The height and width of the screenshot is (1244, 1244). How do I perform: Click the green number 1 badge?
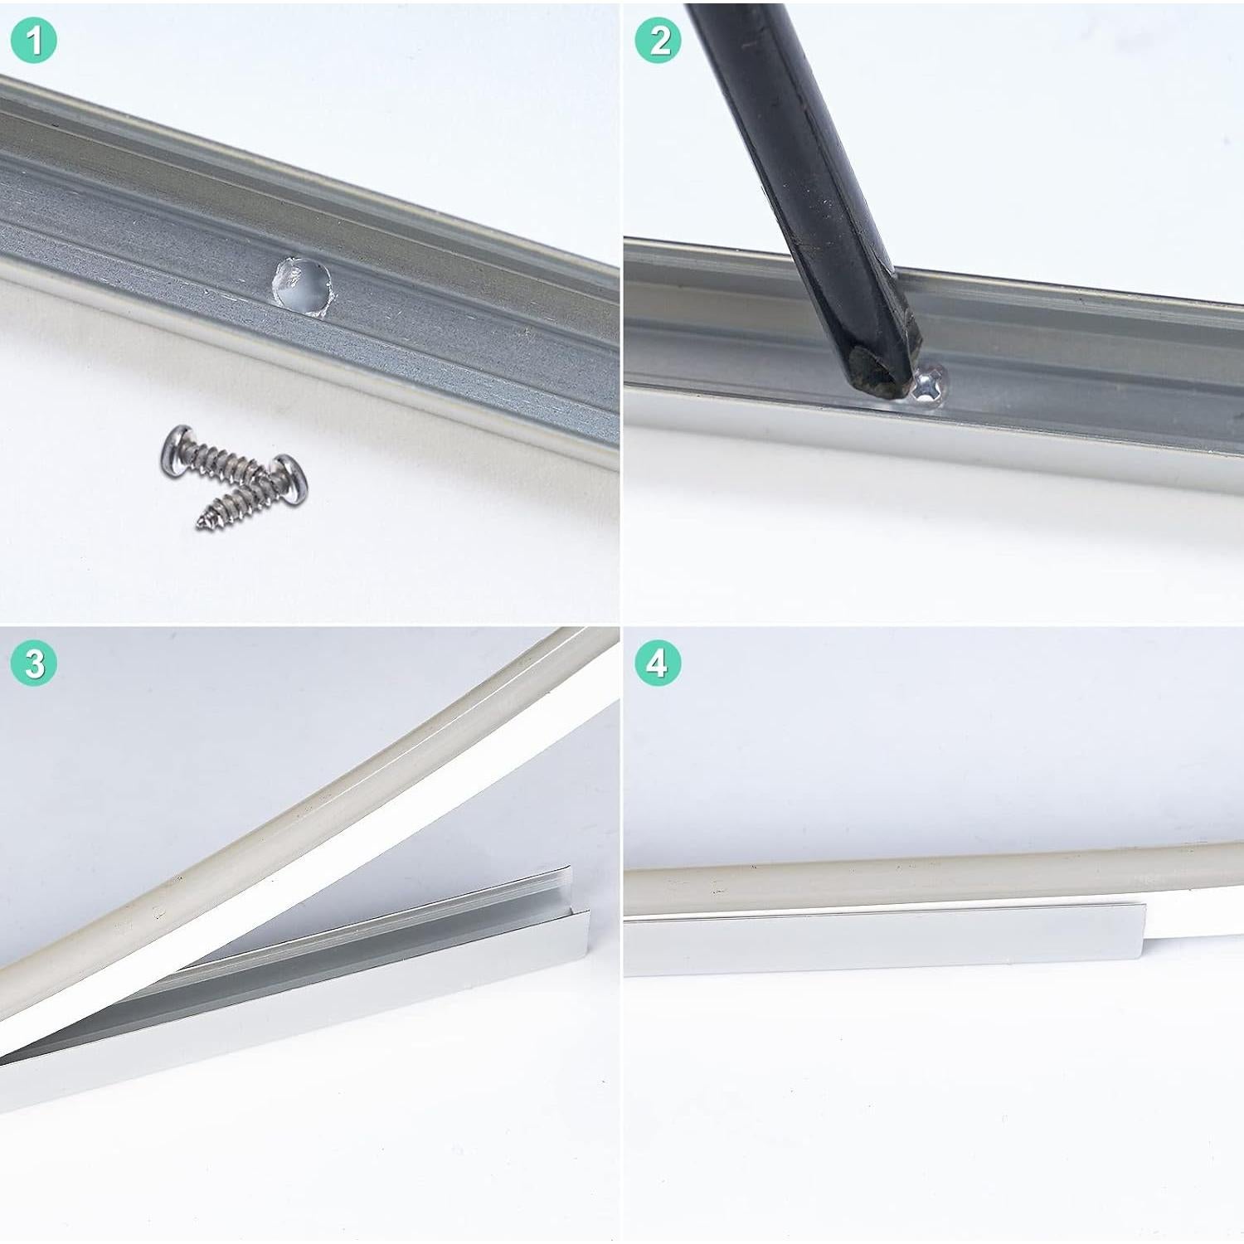[x=34, y=41]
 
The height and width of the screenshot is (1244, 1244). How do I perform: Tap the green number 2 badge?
[x=658, y=41]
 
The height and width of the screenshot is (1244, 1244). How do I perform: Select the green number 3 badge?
[x=34, y=663]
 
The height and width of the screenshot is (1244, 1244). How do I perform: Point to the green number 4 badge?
[x=658, y=663]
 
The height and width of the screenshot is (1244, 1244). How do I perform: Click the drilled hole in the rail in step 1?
[x=304, y=285]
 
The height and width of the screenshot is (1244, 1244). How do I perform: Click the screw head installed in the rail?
[x=931, y=385]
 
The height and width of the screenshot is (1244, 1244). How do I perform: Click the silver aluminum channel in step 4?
[x=879, y=945]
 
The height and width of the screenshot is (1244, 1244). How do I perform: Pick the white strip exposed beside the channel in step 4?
[x=1194, y=944]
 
